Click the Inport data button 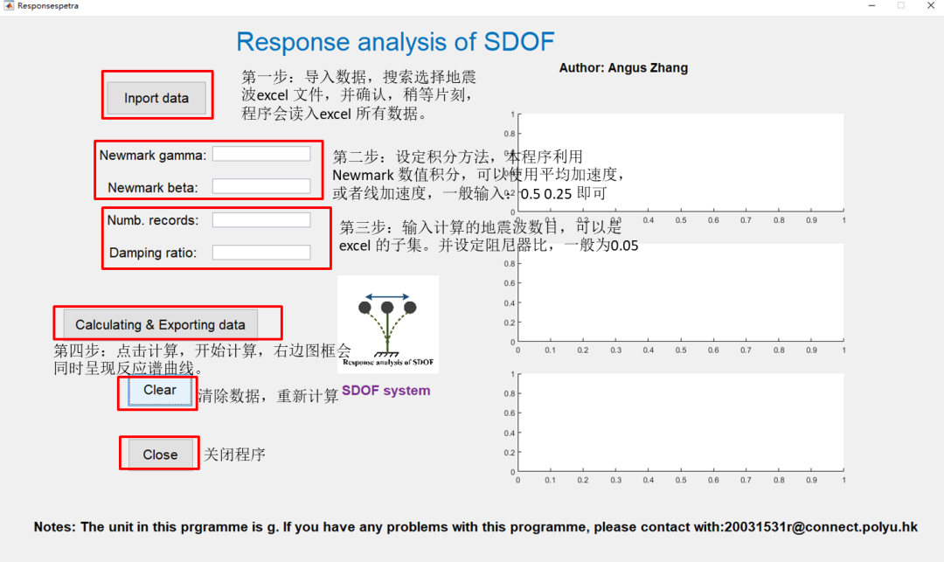point(156,98)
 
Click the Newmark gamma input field point(261,154)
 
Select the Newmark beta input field point(261,186)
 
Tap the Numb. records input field point(261,220)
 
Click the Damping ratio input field point(261,253)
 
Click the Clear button point(160,391)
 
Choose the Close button point(160,454)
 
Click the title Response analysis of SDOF point(395,42)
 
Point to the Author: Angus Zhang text point(623,68)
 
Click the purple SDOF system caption point(385,391)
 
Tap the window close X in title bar point(929,5)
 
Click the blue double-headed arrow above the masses point(387,297)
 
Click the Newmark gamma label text point(153,156)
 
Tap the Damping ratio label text point(153,253)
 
